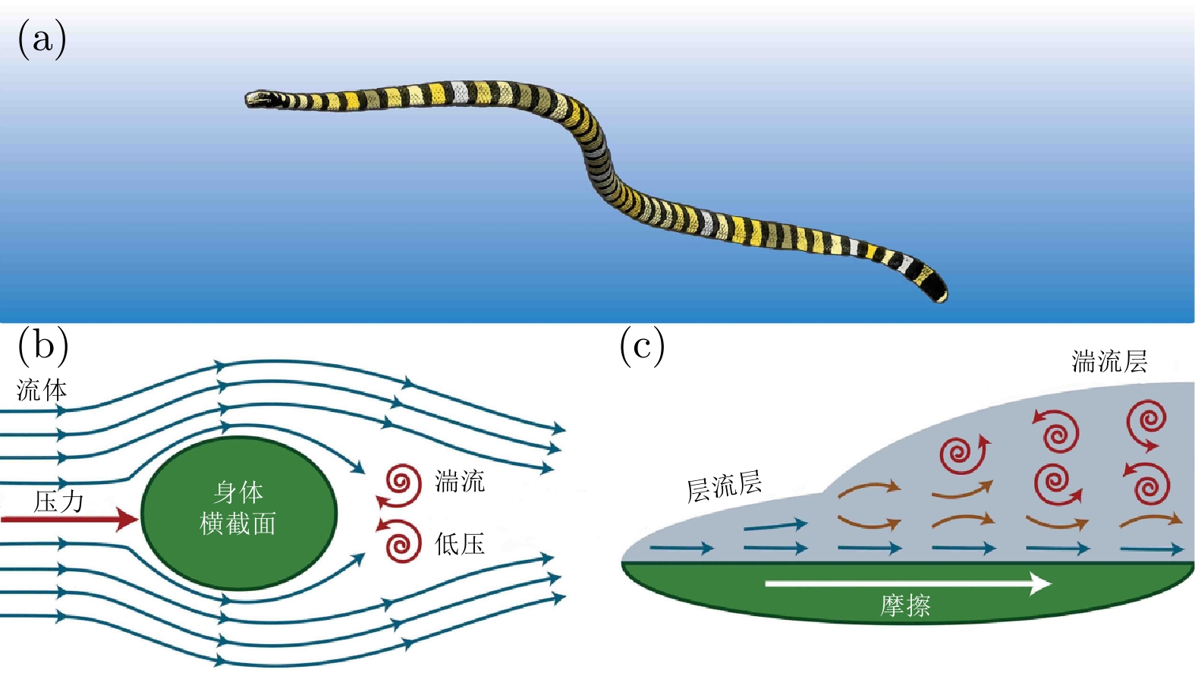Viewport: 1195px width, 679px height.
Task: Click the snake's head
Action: tap(259, 99)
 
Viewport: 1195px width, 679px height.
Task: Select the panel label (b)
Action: tap(42, 345)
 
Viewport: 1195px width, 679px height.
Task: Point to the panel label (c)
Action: tap(642, 345)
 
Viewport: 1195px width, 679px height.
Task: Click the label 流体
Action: tap(42, 390)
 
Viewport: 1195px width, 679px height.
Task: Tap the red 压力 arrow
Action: tap(69, 519)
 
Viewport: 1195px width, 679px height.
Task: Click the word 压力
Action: tap(58, 501)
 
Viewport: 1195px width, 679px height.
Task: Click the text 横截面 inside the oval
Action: tap(237, 523)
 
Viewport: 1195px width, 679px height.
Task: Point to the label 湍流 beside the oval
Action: tap(460, 481)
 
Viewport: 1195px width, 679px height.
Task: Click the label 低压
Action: tap(460, 543)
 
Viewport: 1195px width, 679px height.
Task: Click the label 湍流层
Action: tap(1109, 361)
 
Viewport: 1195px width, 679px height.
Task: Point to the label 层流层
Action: tap(724, 486)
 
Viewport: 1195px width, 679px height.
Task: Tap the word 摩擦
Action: tap(905, 605)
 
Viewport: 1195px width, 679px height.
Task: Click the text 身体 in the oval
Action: tap(238, 492)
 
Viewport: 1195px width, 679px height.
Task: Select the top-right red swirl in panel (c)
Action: tap(1147, 422)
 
